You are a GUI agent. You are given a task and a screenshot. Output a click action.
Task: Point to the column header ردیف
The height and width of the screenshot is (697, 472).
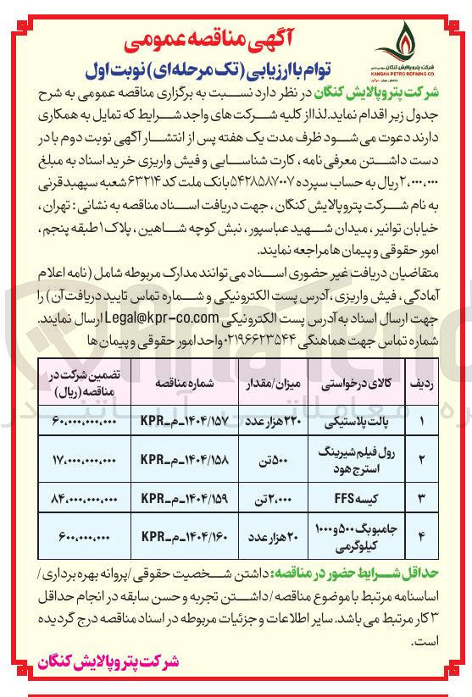coord(425,383)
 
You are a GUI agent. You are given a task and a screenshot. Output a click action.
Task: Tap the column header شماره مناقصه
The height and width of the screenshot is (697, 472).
coord(175,383)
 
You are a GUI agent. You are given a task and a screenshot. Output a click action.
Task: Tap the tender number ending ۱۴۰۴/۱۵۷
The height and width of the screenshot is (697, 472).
coord(175,419)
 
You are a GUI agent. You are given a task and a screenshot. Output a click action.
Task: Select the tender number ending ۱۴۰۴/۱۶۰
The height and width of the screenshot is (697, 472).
coord(175,536)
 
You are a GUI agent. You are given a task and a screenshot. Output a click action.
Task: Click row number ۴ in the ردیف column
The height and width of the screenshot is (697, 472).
coord(425,536)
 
